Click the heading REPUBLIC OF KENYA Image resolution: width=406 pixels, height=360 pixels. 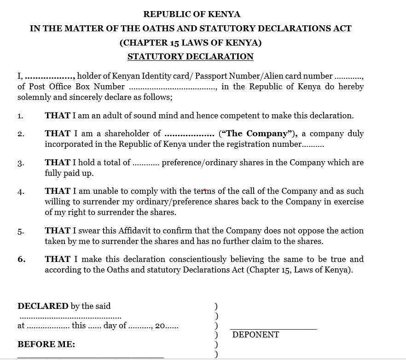[x=191, y=14]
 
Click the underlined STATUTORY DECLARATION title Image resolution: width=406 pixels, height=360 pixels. [x=190, y=57]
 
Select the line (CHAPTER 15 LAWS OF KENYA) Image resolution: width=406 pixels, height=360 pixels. [x=190, y=43]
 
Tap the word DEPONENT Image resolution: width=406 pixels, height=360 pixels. [x=255, y=335]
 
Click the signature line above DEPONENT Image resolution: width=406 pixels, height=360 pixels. [x=273, y=329]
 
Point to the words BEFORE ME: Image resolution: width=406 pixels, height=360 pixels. [x=46, y=344]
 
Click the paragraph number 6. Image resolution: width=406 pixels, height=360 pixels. [x=21, y=259]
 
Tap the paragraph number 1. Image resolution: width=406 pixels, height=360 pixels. [x=20, y=116]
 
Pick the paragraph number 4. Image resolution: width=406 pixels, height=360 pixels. [x=21, y=192]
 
